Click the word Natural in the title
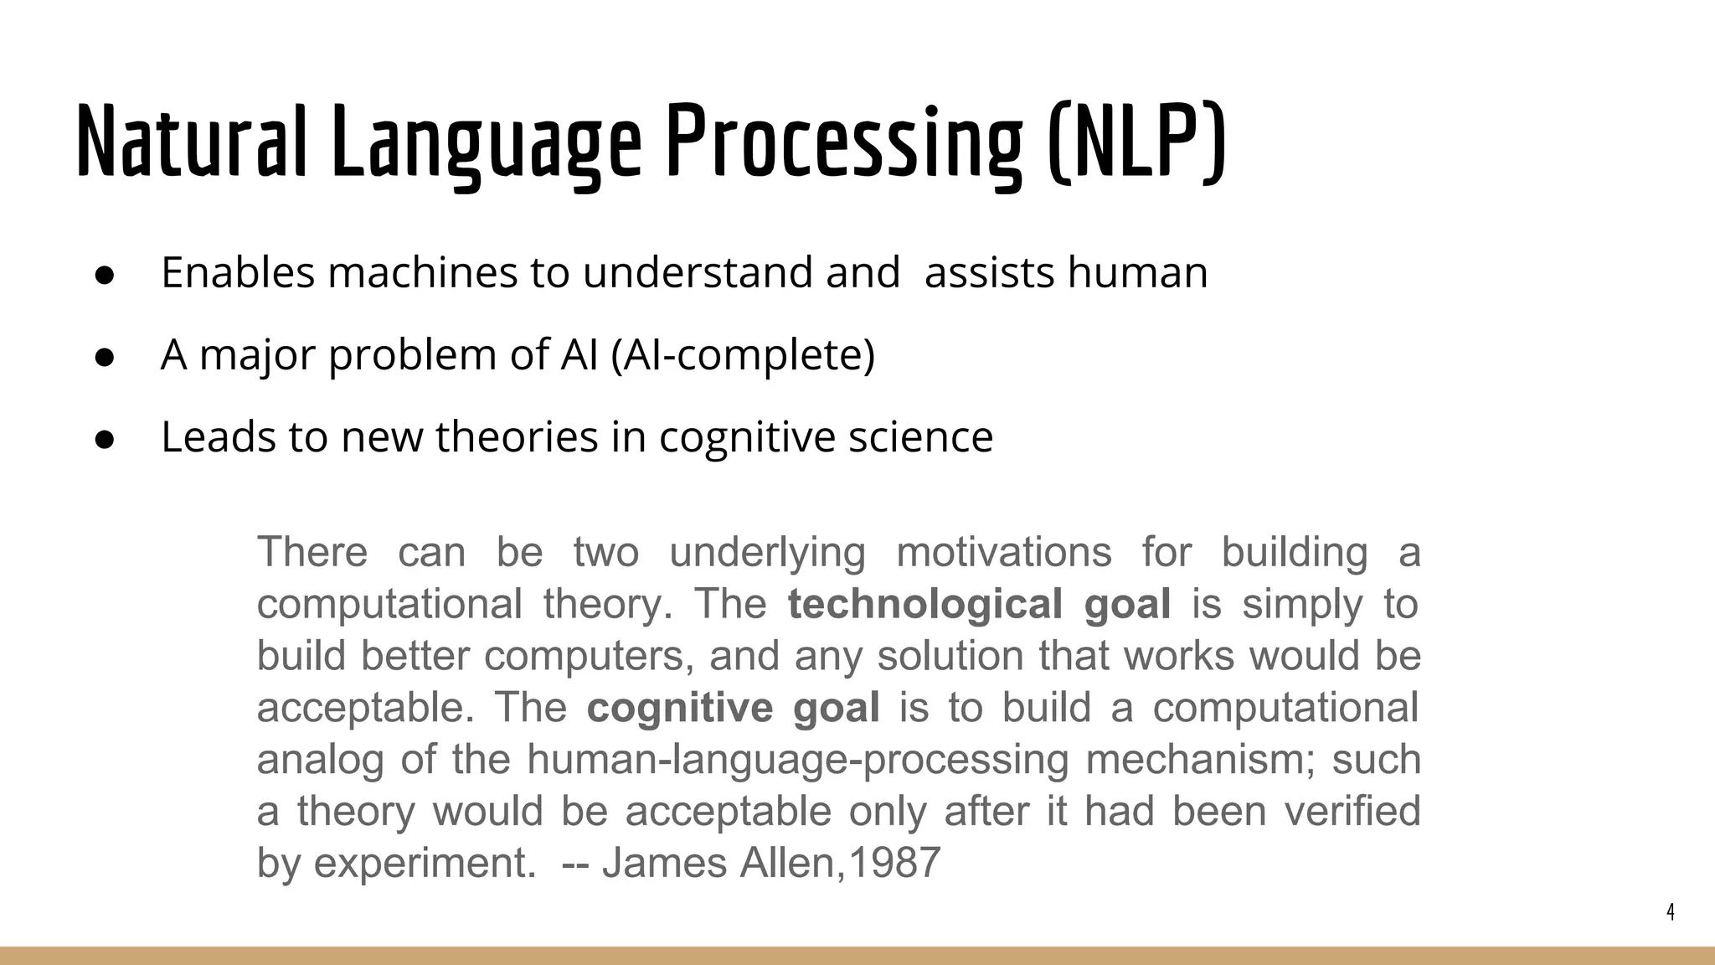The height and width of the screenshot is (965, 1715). click(191, 141)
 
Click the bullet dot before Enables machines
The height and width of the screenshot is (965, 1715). click(105, 276)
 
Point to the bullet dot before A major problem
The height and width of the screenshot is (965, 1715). click(105, 358)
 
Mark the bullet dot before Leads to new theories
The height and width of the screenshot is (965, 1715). click(105, 440)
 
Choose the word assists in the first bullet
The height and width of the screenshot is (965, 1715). click(989, 273)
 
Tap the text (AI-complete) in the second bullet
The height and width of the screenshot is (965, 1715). click(743, 355)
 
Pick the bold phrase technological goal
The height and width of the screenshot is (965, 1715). click(979, 604)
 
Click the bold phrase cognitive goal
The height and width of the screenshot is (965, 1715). click(733, 708)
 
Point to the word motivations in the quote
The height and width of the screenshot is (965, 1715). click(1004, 552)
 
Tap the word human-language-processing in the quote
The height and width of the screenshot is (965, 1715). click(797, 760)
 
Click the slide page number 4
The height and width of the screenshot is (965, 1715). click(1671, 912)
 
